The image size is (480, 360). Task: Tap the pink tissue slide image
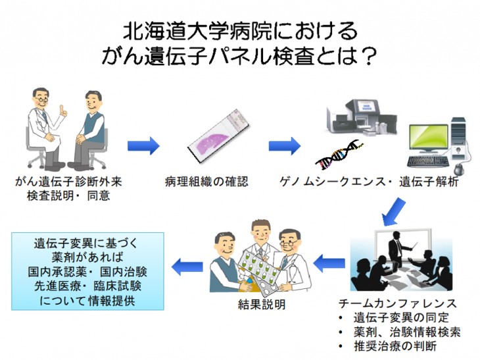coord(218,136)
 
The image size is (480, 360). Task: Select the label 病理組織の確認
coord(206,182)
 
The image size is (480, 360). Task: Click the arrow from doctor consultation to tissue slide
coord(143,145)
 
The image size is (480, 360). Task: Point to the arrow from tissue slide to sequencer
coord(285,145)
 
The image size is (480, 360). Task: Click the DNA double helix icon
coord(339,155)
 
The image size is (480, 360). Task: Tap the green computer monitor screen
coord(429,140)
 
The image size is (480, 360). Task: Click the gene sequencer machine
coord(361,117)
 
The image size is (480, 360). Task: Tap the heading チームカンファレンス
coord(398,303)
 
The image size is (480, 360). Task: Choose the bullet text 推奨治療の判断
coord(395,346)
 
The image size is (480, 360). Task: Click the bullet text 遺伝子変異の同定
coord(401,317)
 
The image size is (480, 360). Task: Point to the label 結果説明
coord(262,304)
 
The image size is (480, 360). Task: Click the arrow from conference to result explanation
coord(329,263)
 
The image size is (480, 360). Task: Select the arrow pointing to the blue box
coord(187,267)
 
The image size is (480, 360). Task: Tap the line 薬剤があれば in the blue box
coord(87,257)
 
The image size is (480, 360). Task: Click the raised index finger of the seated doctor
coord(62,109)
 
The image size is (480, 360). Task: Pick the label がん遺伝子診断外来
coord(68,182)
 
